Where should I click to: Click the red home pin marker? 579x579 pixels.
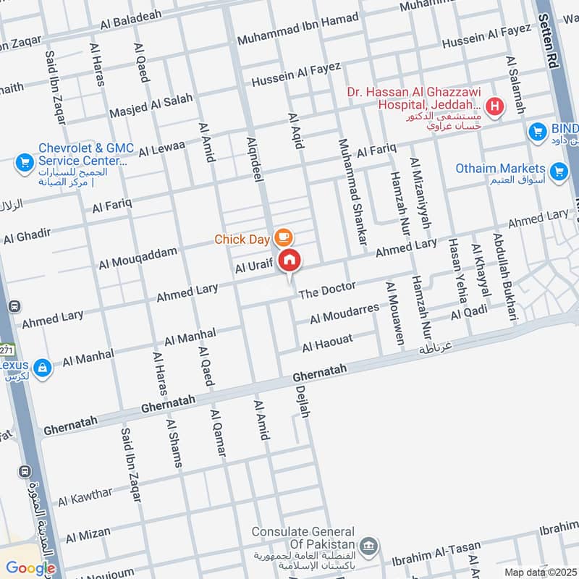[x=290, y=260]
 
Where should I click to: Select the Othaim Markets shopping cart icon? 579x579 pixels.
[x=558, y=172]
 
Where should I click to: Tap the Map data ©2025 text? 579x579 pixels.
[x=539, y=572]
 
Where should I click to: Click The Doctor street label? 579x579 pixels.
[x=327, y=290]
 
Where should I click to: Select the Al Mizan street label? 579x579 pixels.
[x=88, y=536]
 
